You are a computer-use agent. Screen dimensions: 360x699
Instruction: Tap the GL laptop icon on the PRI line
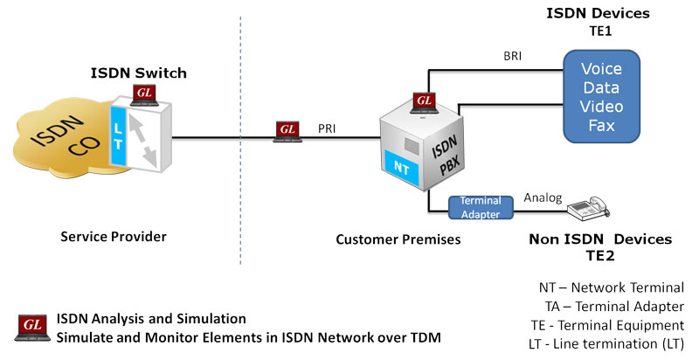point(287,132)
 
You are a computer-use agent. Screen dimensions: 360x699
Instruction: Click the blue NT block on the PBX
point(397,163)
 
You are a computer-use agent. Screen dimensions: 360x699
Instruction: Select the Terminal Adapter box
point(480,208)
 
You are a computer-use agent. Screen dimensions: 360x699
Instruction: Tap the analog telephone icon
point(585,208)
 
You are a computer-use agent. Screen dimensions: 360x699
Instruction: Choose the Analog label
point(543,197)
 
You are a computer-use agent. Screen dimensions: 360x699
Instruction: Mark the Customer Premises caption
point(390,237)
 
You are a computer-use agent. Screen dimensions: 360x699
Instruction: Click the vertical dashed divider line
point(240,175)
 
